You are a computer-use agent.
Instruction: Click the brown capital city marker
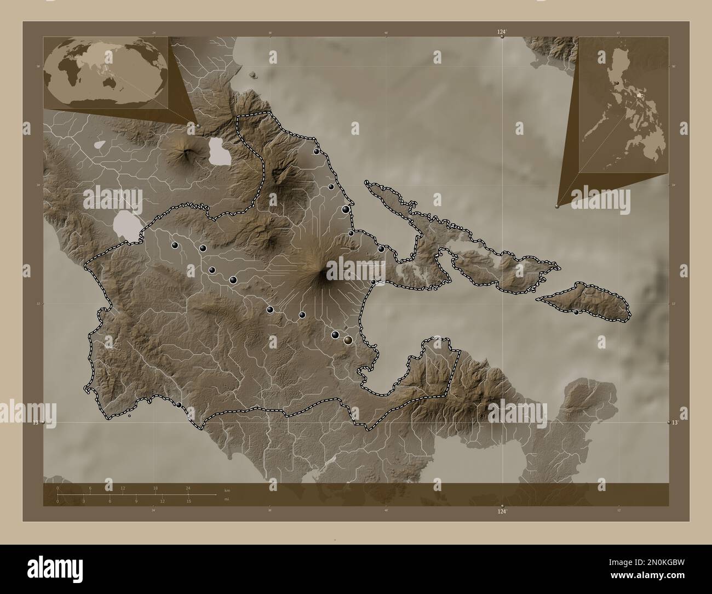click(348, 340)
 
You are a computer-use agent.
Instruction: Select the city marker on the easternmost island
click(576, 312)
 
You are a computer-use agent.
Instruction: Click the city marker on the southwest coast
click(179, 404)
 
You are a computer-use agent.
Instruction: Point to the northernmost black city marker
click(316, 151)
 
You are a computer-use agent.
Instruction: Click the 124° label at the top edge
click(502, 33)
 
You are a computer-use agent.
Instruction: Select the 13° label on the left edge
click(36, 422)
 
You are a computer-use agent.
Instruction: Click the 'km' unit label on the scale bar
click(227, 489)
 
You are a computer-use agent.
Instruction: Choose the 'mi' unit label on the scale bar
click(227, 500)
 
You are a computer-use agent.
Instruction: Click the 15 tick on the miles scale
click(188, 501)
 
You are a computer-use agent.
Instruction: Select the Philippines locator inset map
click(623, 104)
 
